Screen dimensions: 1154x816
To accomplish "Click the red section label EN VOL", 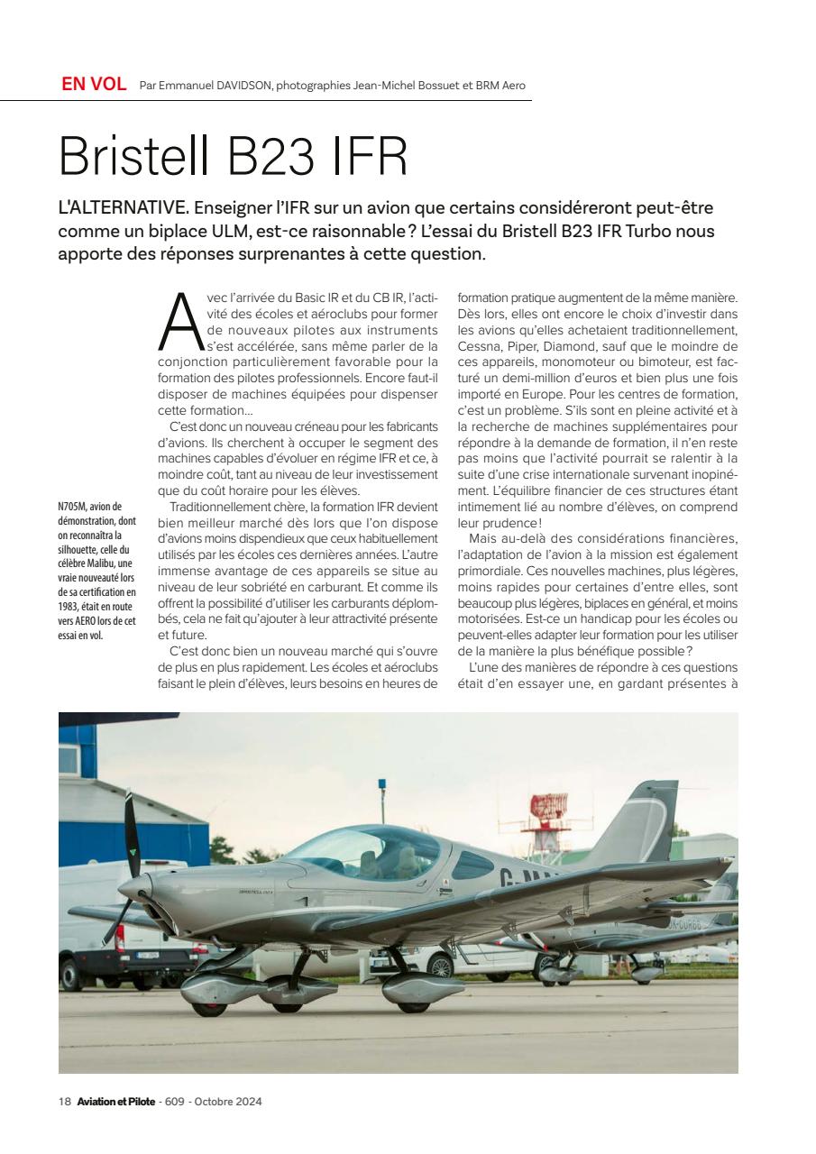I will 94,85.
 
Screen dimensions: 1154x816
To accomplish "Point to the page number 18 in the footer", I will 64,1102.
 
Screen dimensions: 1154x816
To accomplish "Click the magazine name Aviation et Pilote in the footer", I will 115,1102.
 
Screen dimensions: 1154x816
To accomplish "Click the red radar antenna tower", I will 549,811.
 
